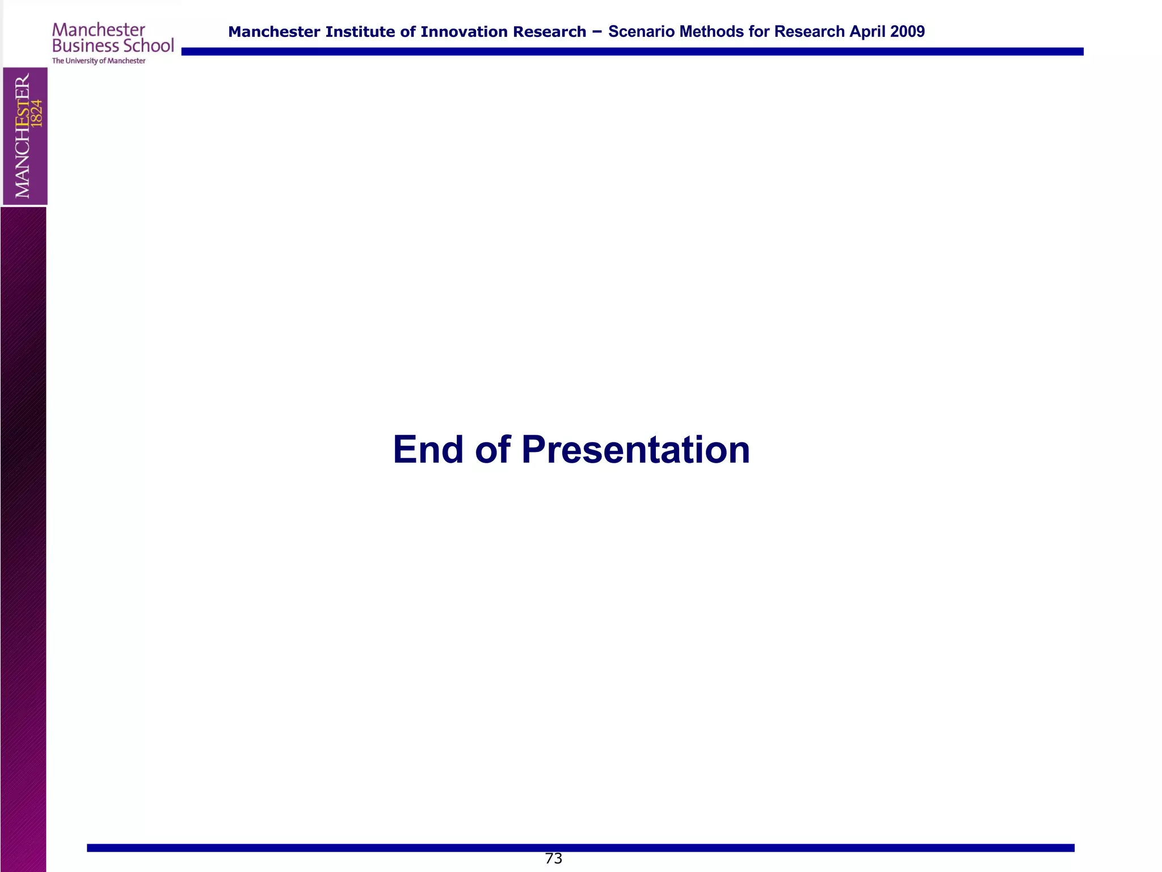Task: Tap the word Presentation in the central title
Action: coord(635,450)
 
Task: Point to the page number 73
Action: coord(553,858)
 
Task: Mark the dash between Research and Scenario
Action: coord(597,32)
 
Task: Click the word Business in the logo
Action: coord(86,45)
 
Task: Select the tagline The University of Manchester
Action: coord(99,61)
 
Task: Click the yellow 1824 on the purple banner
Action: coord(37,114)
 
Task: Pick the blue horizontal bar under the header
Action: coord(632,52)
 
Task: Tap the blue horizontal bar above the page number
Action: coord(580,848)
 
